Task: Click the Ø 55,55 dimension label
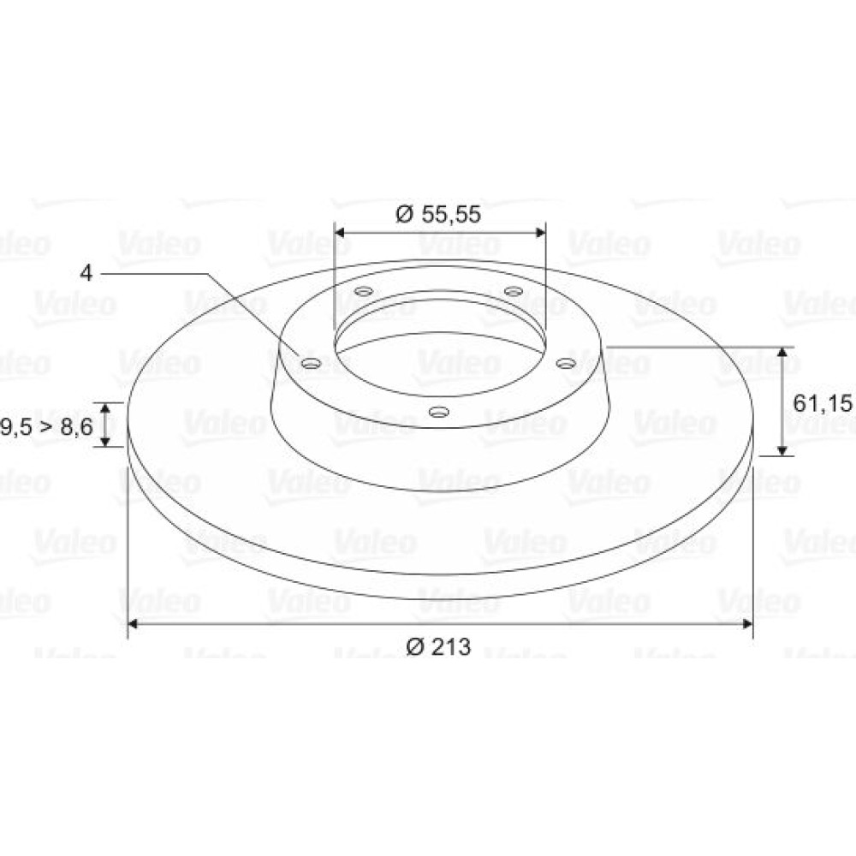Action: tap(437, 214)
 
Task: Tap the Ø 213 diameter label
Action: tap(437, 647)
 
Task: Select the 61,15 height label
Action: tap(822, 403)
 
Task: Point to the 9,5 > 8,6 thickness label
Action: tap(47, 426)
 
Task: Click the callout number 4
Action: tap(86, 273)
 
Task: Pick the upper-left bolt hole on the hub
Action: tap(364, 291)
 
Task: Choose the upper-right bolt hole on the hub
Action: tap(514, 291)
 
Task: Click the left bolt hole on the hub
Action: tap(311, 364)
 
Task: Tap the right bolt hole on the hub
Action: tap(566, 363)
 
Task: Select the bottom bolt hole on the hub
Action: tap(438, 411)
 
